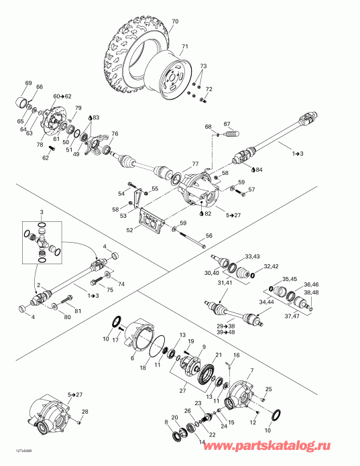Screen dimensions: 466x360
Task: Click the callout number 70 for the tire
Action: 175,21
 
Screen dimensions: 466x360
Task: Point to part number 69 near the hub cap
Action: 29,82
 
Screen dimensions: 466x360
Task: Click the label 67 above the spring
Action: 227,123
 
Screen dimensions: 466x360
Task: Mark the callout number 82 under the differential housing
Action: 208,213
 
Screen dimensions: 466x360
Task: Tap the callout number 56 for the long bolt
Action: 208,235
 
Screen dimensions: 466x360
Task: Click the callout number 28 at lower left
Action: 85,411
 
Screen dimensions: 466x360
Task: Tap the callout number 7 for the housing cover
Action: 251,371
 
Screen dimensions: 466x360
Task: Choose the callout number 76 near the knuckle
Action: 115,134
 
